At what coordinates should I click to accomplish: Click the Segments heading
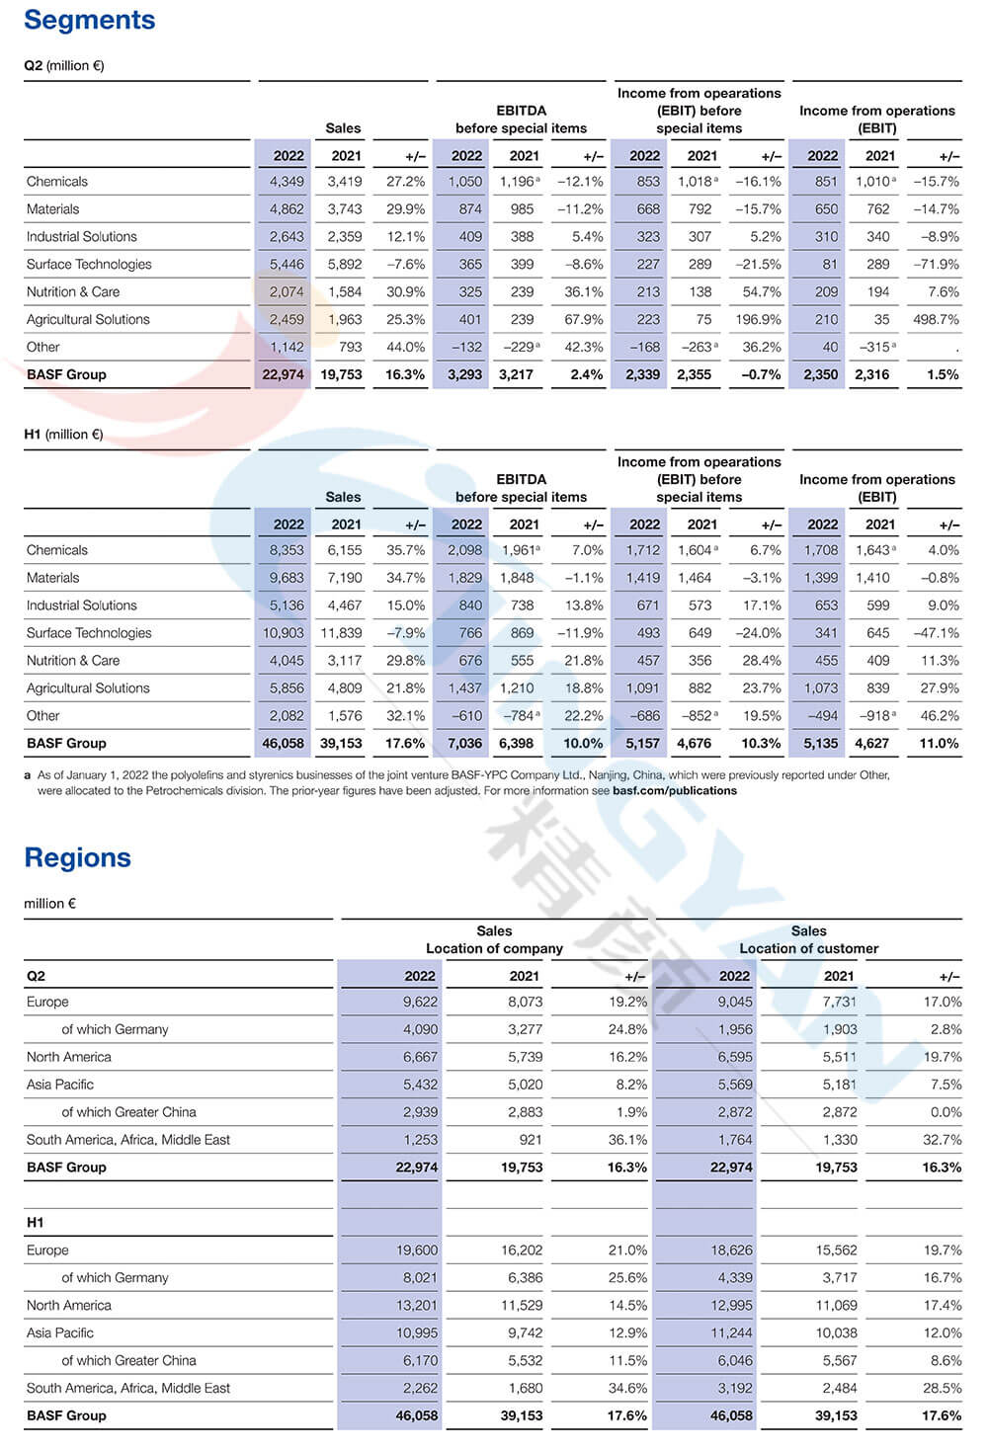click(90, 20)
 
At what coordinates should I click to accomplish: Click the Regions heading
click(77, 857)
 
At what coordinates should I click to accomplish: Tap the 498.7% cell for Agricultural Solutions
click(935, 319)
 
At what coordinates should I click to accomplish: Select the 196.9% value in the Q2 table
click(758, 319)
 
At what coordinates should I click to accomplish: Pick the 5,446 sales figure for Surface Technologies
click(287, 264)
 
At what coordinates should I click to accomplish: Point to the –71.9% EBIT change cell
click(937, 264)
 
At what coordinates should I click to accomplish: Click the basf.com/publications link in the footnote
click(675, 790)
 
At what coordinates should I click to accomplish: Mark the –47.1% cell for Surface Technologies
click(937, 632)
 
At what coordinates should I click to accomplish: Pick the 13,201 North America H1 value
click(416, 1305)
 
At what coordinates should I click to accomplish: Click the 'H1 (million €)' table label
click(63, 435)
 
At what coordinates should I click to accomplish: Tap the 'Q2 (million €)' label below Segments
click(63, 66)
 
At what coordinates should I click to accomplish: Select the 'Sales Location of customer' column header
click(808, 939)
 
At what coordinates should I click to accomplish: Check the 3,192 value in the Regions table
click(732, 1388)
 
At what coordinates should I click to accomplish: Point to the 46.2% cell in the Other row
click(940, 715)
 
